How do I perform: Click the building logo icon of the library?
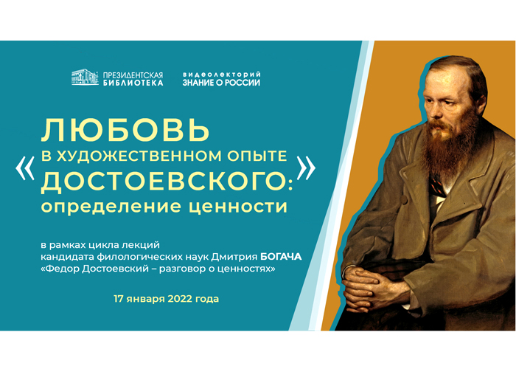85,77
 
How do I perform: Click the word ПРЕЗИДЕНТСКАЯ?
133,75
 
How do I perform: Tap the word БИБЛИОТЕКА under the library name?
133,83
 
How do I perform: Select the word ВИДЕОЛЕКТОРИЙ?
222,75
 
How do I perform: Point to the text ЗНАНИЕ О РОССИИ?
221,83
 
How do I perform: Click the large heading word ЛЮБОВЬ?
125,130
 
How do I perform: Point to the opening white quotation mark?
24,168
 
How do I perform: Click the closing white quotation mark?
306,168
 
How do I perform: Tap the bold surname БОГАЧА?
281,257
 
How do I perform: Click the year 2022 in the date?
180,299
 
